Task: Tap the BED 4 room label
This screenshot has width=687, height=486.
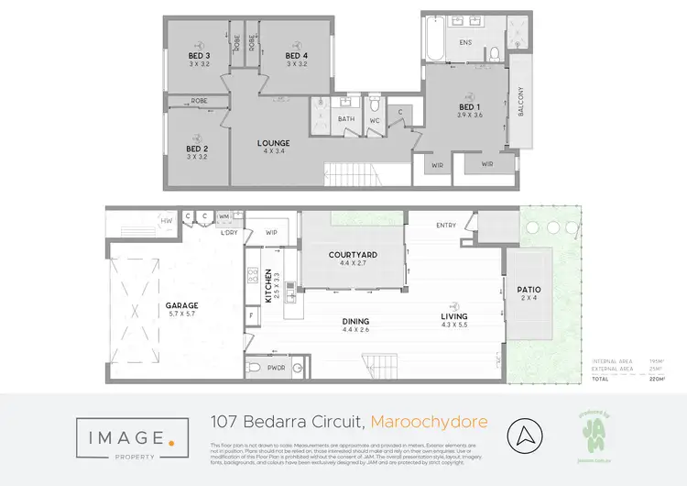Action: [295, 54]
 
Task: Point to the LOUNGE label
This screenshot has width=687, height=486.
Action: [273, 143]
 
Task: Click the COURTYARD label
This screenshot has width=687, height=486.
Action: [353, 255]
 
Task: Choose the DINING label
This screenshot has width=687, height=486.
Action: [355, 321]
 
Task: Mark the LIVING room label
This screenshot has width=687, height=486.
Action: [454, 321]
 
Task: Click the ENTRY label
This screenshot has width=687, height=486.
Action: [446, 225]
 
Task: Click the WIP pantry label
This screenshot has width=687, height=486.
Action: [271, 233]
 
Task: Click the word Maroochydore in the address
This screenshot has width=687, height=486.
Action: [430, 422]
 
